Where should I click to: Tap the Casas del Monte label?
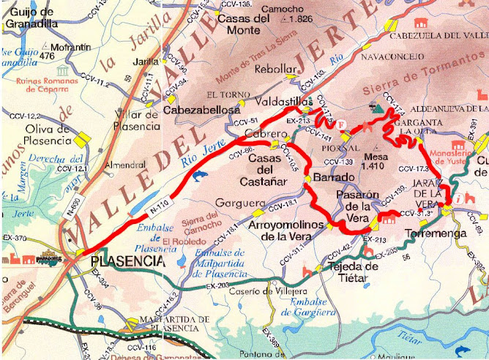239,25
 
